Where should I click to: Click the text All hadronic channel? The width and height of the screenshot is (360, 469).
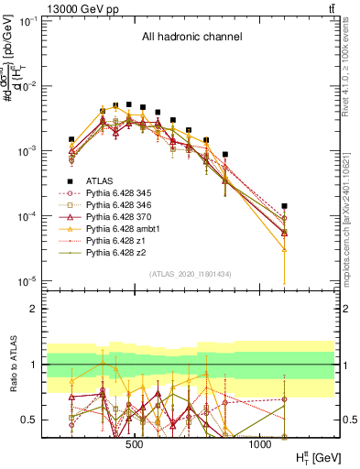pos(191,38)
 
